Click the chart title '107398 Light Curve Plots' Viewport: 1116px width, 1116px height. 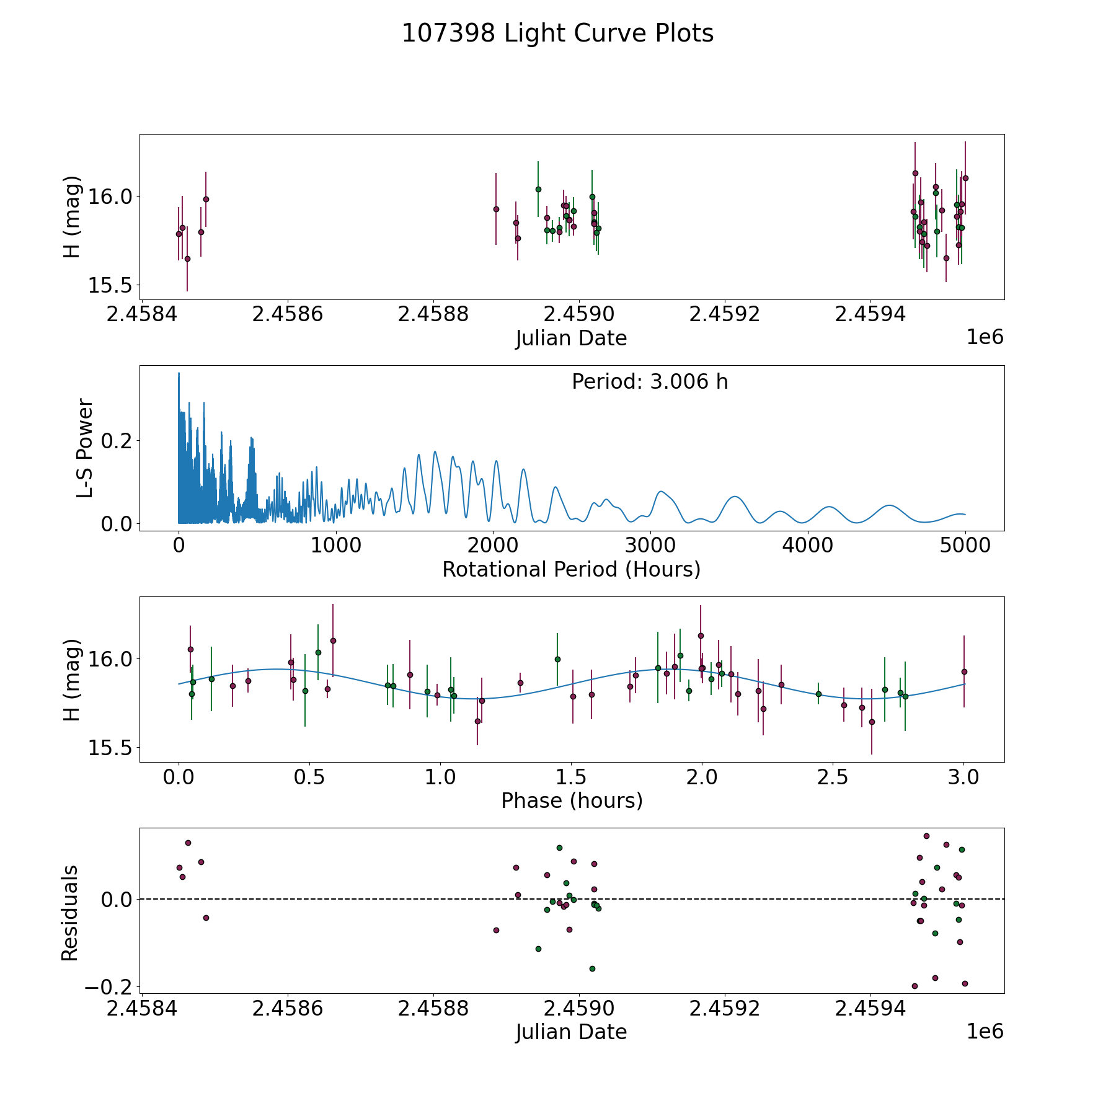click(x=557, y=33)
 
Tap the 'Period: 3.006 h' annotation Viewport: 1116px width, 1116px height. click(x=650, y=381)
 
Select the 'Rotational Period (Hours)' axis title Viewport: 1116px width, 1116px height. click(x=572, y=569)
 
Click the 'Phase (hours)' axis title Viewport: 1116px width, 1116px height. click(x=572, y=800)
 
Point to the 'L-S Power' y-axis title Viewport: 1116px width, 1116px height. click(x=85, y=448)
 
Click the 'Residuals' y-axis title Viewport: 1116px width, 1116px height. click(x=70, y=913)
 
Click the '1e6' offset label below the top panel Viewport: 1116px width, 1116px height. click(x=985, y=337)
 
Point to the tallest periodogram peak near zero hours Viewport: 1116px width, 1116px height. click(x=179, y=373)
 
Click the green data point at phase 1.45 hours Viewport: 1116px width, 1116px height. click(x=557, y=659)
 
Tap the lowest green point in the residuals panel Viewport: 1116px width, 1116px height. click(x=592, y=968)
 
